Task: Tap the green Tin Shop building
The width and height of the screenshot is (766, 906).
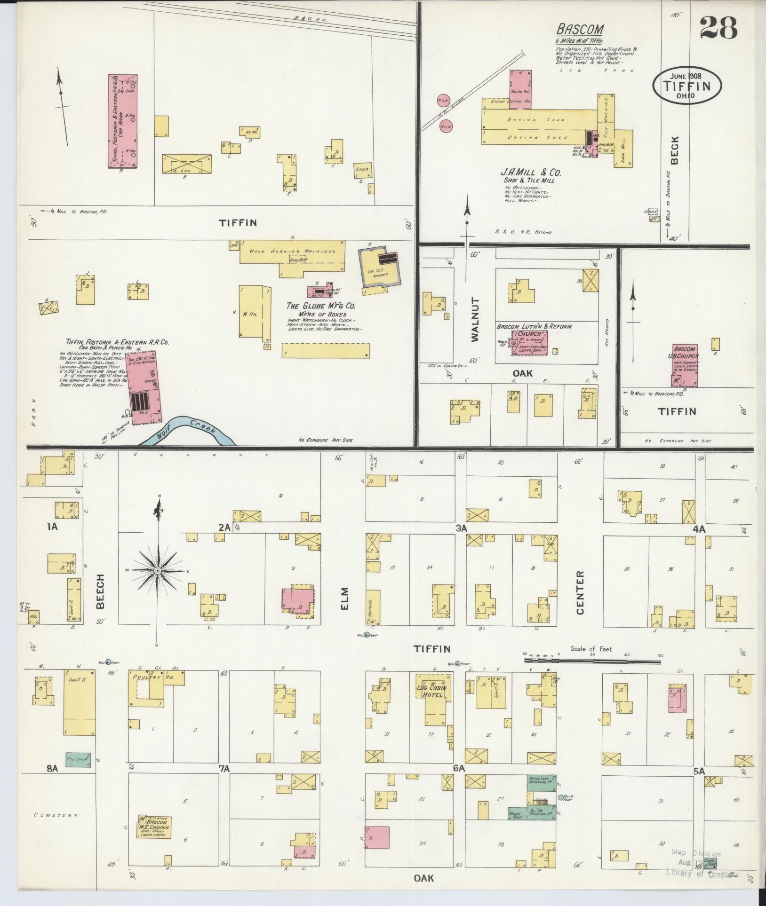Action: [78, 759]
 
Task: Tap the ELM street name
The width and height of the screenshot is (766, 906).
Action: [344, 598]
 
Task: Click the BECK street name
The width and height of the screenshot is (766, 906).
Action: [675, 150]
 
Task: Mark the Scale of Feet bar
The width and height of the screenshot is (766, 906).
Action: [592, 660]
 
